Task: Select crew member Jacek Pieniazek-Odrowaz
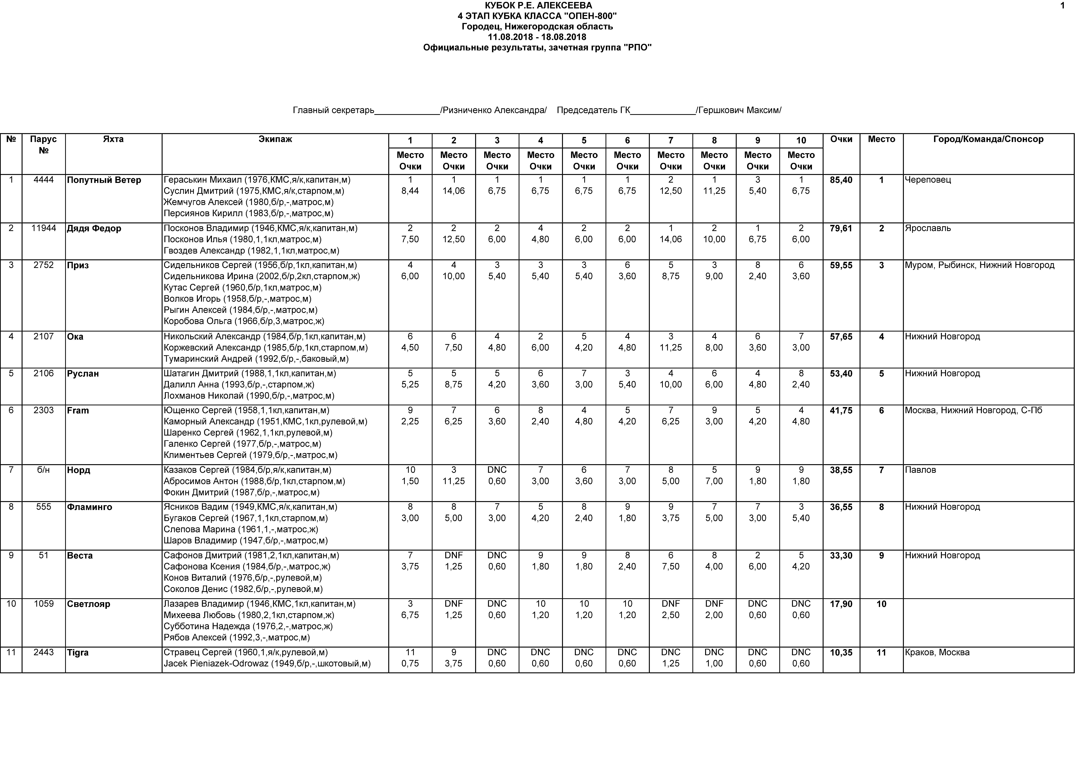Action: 267,663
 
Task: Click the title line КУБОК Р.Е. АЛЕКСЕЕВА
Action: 538,6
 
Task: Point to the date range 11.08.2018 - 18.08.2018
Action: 537,37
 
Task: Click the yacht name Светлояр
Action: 89,604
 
